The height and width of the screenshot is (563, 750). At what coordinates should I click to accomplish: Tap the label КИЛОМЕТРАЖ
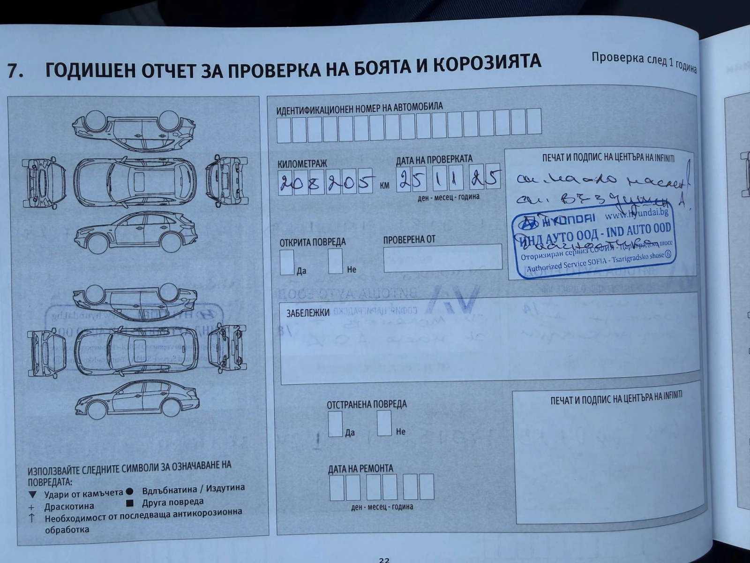(x=302, y=164)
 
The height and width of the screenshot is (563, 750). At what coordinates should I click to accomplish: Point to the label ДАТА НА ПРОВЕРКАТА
(x=434, y=160)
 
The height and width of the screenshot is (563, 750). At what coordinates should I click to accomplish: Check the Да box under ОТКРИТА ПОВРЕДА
(x=287, y=262)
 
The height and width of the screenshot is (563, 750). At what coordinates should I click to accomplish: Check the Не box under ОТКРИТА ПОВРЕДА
(x=335, y=261)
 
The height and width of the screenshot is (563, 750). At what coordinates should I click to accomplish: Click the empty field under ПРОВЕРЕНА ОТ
(x=442, y=258)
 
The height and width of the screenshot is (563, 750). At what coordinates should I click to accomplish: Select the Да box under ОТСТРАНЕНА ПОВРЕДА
(x=335, y=424)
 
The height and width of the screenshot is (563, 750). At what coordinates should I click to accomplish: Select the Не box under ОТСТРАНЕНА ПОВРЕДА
(x=384, y=423)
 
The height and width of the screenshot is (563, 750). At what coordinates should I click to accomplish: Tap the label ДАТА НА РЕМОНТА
(x=360, y=468)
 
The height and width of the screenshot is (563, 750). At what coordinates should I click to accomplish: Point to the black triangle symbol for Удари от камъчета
(x=32, y=495)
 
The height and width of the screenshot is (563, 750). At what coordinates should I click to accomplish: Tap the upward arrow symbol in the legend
(x=32, y=517)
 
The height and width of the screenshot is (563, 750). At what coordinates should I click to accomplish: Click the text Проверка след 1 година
(x=644, y=61)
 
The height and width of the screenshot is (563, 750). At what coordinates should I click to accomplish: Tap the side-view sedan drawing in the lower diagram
(x=135, y=398)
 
